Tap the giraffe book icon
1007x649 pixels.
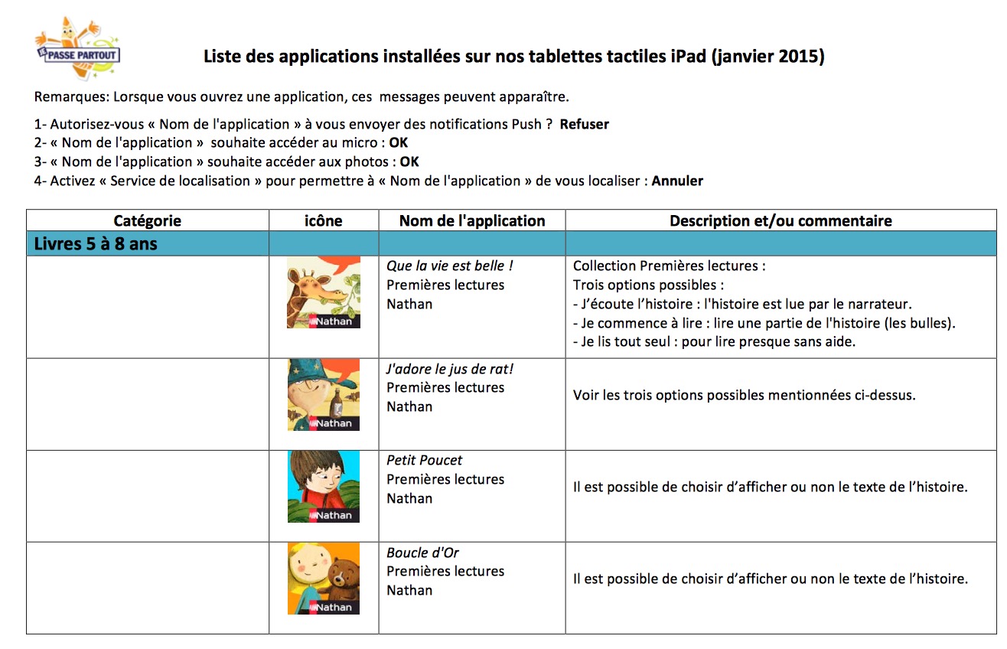pyautogui.click(x=324, y=292)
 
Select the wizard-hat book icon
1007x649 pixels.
pyautogui.click(x=324, y=394)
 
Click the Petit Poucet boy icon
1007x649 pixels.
pyautogui.click(x=324, y=487)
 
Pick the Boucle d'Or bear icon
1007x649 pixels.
pyautogui.click(x=324, y=579)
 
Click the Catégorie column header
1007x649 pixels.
pyautogui.click(x=147, y=221)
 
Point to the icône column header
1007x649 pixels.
pyautogui.click(x=324, y=221)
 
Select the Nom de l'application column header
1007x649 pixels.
pyautogui.click(x=472, y=221)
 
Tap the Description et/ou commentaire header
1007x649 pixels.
pyautogui.click(x=781, y=221)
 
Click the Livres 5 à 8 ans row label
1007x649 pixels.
pyautogui.click(x=96, y=244)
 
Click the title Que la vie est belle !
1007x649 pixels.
pyautogui.click(x=450, y=266)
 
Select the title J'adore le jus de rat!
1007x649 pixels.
pyautogui.click(x=450, y=369)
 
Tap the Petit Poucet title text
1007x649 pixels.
pyautogui.click(x=425, y=461)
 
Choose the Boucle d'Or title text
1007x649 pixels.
pyautogui.click(x=423, y=553)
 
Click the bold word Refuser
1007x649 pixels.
pyautogui.click(x=584, y=124)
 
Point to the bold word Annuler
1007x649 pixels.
pyautogui.click(x=677, y=181)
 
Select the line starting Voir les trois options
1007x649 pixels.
pyautogui.click(x=744, y=396)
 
